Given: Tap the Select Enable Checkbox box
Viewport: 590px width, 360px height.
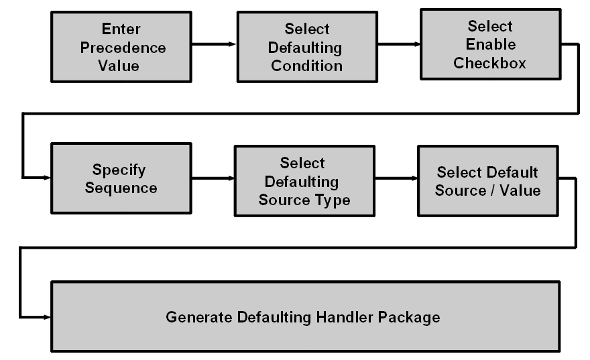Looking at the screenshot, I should click(x=489, y=45).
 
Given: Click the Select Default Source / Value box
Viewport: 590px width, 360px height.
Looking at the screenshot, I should click(x=487, y=181).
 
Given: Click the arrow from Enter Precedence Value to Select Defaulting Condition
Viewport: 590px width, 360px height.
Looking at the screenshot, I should click(x=213, y=44).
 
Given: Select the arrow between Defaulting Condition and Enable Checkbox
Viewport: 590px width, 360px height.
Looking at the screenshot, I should click(x=398, y=44).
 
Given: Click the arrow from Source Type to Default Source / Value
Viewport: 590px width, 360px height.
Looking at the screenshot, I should click(x=396, y=179).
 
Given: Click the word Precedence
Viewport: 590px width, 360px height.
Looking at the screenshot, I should click(x=123, y=48).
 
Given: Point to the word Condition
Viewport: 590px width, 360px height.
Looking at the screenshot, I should click(x=306, y=66).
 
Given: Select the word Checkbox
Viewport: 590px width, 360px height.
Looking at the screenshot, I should click(x=489, y=64).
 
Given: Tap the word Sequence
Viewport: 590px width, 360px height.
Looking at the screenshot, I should click(x=125, y=188).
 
